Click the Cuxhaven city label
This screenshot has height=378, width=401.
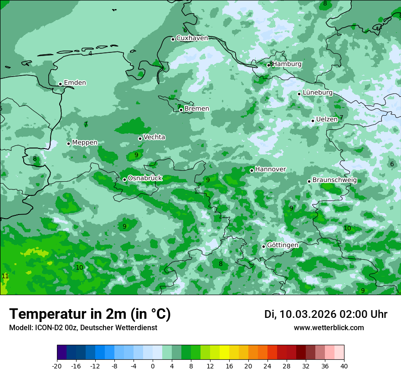point(192,38)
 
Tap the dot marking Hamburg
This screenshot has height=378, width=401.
point(268,65)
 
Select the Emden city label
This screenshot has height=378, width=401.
point(75,83)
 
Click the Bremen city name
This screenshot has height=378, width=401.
point(197,109)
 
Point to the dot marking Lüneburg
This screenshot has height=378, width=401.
point(299,94)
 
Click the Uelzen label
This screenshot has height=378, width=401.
point(327,119)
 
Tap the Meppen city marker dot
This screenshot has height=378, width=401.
point(69,143)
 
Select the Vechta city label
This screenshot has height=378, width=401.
point(154,137)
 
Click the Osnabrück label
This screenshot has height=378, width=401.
point(145,178)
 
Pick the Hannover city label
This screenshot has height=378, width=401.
point(270,169)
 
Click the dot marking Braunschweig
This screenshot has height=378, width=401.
point(309,181)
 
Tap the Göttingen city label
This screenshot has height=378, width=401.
point(283,245)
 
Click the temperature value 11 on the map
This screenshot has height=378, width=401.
point(5,276)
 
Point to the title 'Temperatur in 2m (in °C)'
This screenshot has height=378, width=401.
point(90,314)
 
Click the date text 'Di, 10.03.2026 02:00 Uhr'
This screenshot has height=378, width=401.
point(326,314)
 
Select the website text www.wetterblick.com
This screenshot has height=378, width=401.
point(329,328)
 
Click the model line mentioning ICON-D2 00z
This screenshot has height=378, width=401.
point(83,328)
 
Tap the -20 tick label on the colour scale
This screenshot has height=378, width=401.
point(57,366)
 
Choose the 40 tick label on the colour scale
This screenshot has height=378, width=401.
point(344,366)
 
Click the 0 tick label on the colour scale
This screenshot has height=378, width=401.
point(153,366)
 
